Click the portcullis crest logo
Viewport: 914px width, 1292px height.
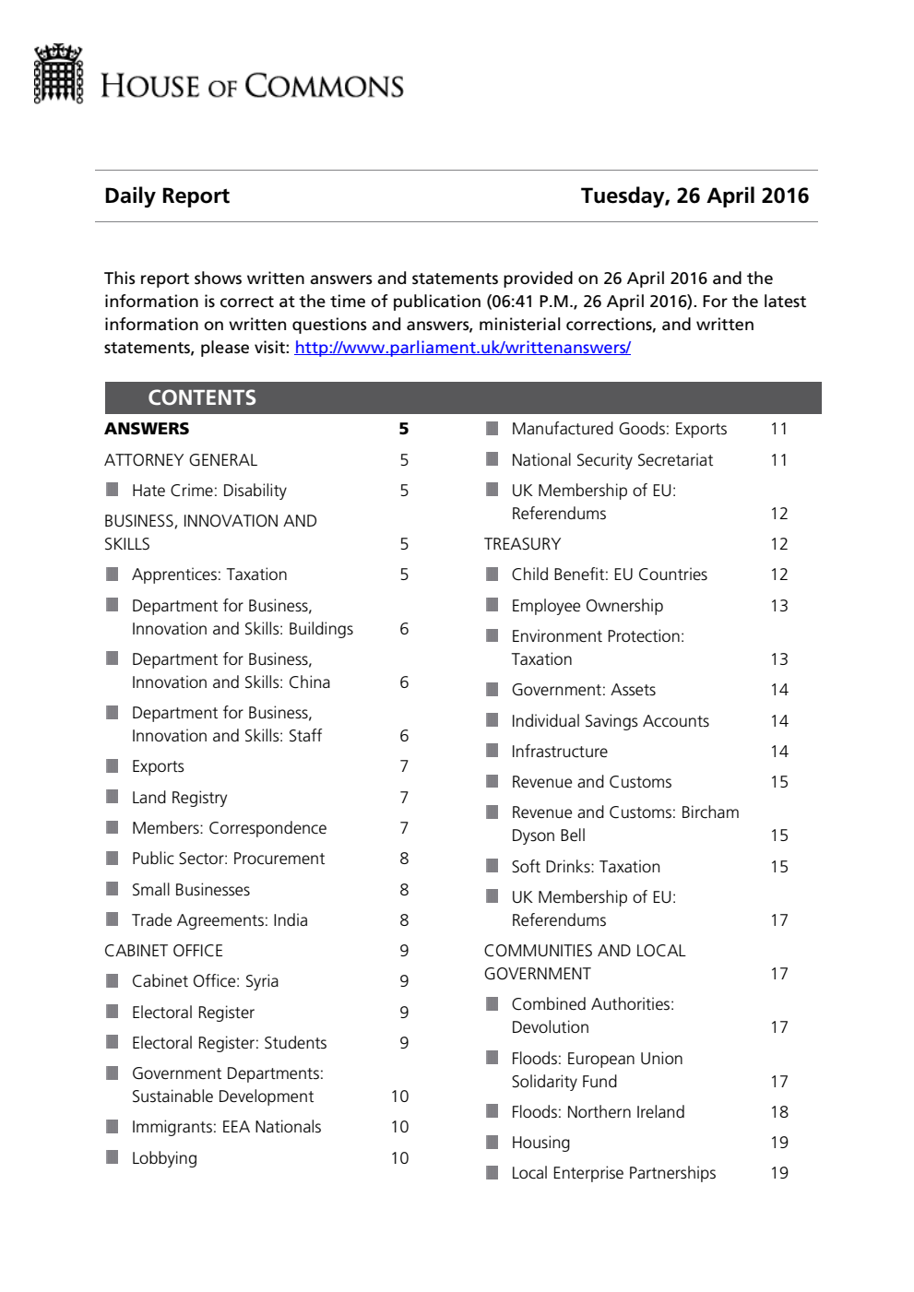59,75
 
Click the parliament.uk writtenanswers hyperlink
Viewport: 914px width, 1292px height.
462,348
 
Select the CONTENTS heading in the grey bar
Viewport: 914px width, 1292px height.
202,397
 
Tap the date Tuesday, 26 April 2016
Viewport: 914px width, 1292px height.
694,196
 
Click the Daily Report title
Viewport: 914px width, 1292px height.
167,196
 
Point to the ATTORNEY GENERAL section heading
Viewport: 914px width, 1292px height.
181,460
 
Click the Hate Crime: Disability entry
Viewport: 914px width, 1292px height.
208,491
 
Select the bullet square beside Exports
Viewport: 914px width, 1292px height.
113,765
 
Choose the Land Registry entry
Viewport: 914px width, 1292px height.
179,798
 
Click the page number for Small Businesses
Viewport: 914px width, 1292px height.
404,890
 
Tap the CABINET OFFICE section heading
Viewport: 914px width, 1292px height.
163,951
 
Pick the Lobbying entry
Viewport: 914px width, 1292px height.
164,1158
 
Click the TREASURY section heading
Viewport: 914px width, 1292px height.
522,544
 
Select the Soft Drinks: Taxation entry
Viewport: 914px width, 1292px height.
586,867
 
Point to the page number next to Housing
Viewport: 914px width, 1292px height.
779,1143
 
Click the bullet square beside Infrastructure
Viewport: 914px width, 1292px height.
493,751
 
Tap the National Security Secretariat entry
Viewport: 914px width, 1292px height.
612,460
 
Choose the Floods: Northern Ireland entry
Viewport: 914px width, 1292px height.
598,1112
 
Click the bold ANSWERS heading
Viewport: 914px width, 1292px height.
147,429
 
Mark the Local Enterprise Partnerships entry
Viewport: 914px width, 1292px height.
613,1173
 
